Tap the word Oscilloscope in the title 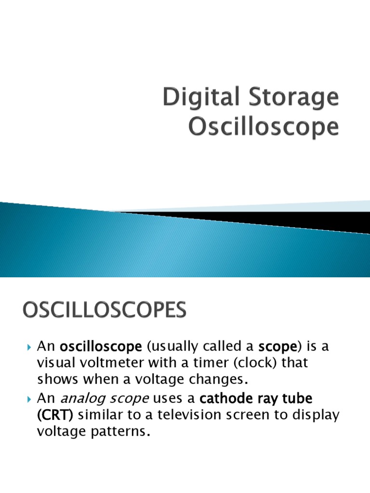pos(264,127)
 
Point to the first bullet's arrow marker pos(29,347)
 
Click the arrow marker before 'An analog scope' pos(29,399)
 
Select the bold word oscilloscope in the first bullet pos(101,347)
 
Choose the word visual pos(53,363)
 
